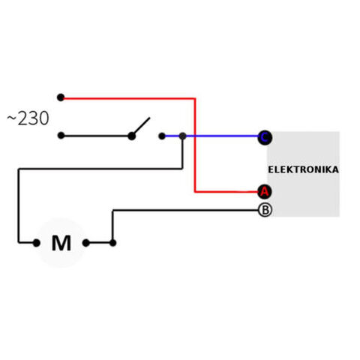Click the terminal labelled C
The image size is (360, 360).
tap(265, 137)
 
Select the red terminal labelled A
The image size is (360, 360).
tap(265, 192)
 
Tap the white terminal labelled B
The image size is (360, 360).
tap(265, 210)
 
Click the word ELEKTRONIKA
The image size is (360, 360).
tap(303, 169)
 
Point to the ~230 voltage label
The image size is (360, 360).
tap(28, 118)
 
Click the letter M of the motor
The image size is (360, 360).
tap(61, 243)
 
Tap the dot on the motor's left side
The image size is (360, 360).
tap(37, 243)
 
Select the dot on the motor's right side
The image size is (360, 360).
tap(85, 243)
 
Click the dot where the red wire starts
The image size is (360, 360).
tap(61, 97)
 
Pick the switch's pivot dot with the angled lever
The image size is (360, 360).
tap(132, 136)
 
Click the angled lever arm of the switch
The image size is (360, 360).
tap(142, 126)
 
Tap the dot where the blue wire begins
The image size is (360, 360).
tap(162, 136)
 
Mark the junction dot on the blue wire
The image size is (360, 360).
tap(183, 136)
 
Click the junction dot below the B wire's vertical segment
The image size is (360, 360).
tap(112, 243)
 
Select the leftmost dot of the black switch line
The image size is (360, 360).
tap(61, 136)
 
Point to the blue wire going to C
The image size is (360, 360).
tap(211, 136)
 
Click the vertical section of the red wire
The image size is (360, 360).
tap(195, 145)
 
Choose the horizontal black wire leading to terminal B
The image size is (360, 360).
tap(185, 211)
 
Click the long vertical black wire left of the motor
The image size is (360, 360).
tap(19, 206)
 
